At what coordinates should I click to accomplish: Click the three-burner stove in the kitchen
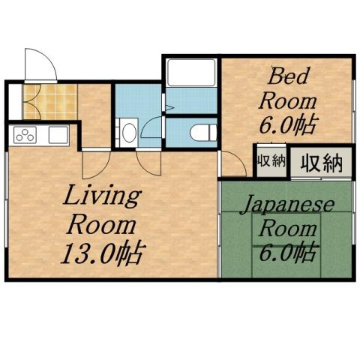25,136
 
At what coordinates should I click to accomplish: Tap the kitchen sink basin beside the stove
57,136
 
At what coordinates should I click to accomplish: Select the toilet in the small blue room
199,132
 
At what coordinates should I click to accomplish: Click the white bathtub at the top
190,74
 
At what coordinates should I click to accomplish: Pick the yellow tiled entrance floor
49,102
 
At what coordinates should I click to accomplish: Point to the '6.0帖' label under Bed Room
287,124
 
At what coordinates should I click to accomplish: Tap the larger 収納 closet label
322,162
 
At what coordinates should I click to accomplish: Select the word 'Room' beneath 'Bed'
288,100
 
